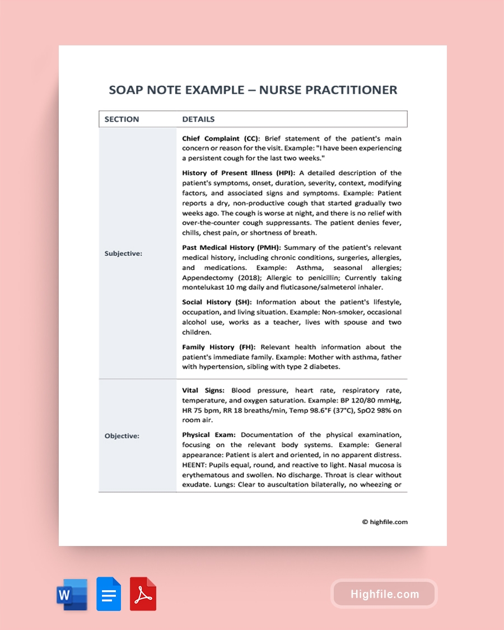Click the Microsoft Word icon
[72, 594]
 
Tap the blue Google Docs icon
[109, 594]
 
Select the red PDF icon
[143, 594]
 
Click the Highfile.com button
[384, 594]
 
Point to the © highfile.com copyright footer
[385, 522]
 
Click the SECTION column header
[122, 119]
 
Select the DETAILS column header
[198, 119]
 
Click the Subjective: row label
[123, 254]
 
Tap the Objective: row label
[122, 436]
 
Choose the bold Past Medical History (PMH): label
[232, 248]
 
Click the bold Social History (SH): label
[217, 302]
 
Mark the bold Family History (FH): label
[218, 347]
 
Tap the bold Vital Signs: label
[203, 390]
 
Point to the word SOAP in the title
[125, 90]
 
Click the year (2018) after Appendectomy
[237, 278]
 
